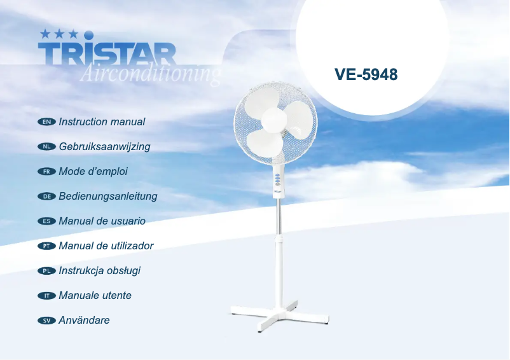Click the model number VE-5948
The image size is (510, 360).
click(366, 75)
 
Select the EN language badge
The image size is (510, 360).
click(47, 121)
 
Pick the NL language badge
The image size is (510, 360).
click(47, 146)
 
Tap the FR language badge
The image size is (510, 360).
click(47, 171)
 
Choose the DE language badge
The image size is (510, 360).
click(47, 197)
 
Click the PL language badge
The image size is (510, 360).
click(47, 271)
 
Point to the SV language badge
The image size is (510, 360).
click(47, 321)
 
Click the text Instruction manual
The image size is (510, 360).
click(102, 121)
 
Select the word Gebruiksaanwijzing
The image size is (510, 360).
click(104, 146)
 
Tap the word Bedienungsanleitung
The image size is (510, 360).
click(107, 196)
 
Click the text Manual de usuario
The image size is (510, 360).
click(102, 221)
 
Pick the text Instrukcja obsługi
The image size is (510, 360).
click(99, 270)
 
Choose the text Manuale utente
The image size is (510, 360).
click(95, 295)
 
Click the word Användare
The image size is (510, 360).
click(84, 320)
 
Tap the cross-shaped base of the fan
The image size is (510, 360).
click(280, 315)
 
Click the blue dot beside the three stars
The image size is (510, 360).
click(89, 34)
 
